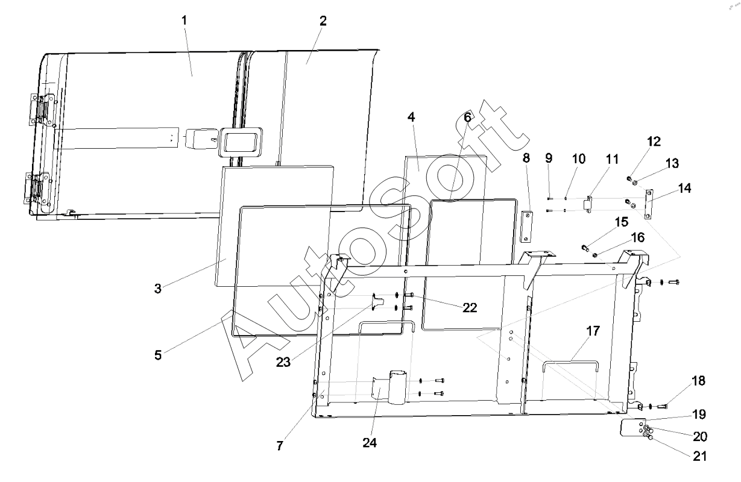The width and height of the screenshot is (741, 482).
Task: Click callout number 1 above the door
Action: pos(184,20)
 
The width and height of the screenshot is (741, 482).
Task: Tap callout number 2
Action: pos(323,21)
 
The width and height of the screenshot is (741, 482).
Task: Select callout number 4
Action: pos(411,117)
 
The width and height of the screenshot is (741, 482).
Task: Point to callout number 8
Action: pos(526,158)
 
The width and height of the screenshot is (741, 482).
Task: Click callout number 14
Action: pos(684,188)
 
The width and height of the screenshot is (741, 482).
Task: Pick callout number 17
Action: pos(593,331)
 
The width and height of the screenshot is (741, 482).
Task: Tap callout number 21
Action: pos(699,456)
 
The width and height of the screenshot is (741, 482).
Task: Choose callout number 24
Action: pos(370,443)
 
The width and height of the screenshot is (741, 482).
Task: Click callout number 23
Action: pos(283,362)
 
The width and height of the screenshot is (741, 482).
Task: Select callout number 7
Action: pos(280,446)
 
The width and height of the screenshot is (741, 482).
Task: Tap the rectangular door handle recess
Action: pos(240,142)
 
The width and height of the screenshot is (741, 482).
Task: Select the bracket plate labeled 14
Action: pos(649,204)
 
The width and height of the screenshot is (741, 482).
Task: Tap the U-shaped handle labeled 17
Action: pos(570,366)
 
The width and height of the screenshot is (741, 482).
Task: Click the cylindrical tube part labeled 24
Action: pos(398,387)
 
